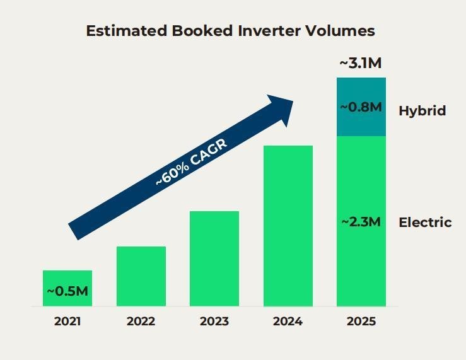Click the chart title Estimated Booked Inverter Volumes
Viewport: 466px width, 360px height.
[230, 31]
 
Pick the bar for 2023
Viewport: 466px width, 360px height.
[214, 258]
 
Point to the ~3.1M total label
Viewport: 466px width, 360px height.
[361, 63]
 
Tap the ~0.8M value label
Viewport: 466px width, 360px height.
[361, 107]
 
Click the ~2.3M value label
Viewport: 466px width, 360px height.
[361, 222]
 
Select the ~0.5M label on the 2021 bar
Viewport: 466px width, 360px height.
[67, 291]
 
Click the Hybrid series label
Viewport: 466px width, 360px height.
[422, 111]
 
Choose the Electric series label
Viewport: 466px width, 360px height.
[425, 222]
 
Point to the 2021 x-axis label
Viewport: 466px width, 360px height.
[67, 322]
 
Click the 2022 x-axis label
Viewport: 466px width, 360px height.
[141, 322]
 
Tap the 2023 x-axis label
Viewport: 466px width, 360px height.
[214, 322]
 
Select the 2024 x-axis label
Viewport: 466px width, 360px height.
[288, 322]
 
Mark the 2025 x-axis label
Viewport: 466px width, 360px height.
[361, 322]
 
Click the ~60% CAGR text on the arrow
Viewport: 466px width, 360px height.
[190, 161]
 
